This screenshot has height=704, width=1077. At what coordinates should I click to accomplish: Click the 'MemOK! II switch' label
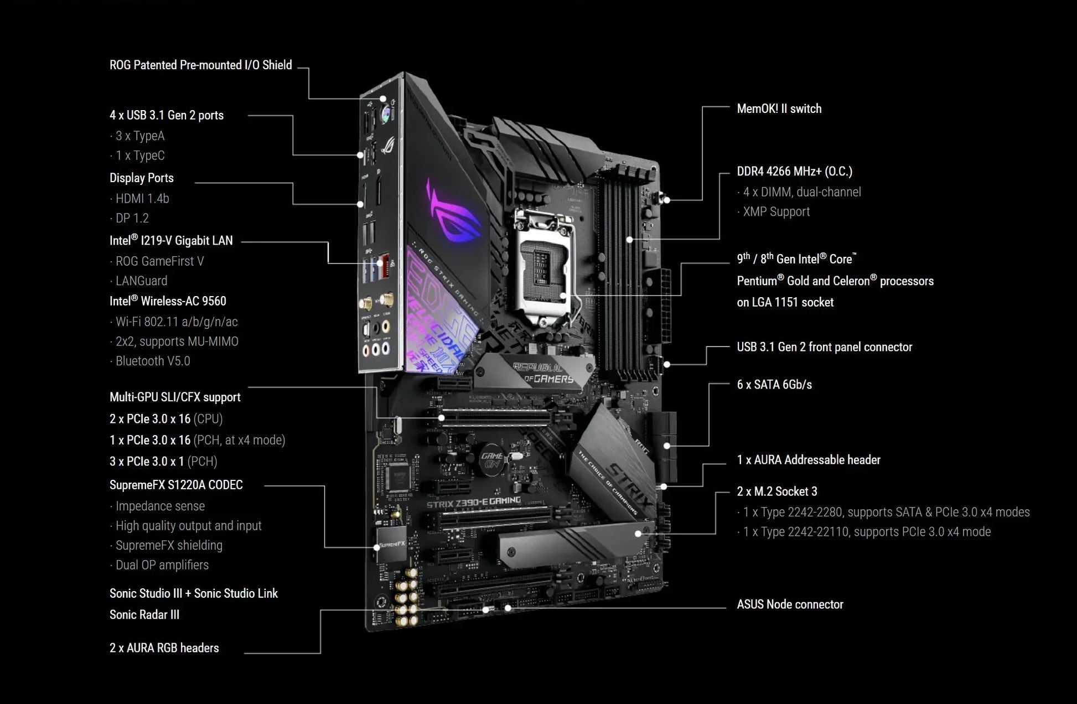click(779, 109)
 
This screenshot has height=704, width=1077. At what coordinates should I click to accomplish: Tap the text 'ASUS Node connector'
click(790, 604)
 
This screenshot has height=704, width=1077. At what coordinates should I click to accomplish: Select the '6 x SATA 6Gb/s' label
click(774, 385)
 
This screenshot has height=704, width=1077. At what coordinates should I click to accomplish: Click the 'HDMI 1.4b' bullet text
click(142, 199)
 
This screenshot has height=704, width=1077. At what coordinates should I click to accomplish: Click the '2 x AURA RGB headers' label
click(164, 648)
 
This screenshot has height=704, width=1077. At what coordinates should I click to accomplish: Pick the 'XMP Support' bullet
click(776, 212)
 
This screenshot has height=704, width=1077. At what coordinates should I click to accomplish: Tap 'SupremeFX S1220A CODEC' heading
click(176, 485)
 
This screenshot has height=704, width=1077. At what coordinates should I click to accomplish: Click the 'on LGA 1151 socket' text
click(785, 303)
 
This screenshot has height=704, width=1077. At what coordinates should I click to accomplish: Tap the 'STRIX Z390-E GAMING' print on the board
click(473, 503)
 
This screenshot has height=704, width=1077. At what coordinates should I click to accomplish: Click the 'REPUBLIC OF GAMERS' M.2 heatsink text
click(542, 374)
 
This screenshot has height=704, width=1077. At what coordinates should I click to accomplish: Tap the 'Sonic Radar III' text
click(144, 615)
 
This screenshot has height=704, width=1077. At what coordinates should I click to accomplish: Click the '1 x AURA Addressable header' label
click(808, 460)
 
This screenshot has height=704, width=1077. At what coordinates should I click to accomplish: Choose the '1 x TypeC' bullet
click(139, 156)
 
